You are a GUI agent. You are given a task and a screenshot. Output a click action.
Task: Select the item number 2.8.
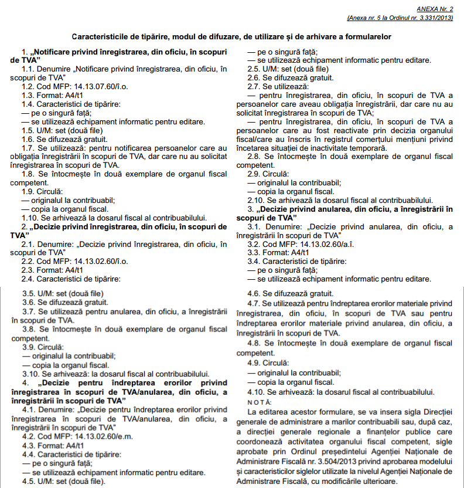(254, 157)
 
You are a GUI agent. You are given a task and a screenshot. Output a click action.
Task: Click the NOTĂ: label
(259, 402)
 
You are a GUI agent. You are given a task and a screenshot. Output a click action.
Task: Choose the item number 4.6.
(254, 293)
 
